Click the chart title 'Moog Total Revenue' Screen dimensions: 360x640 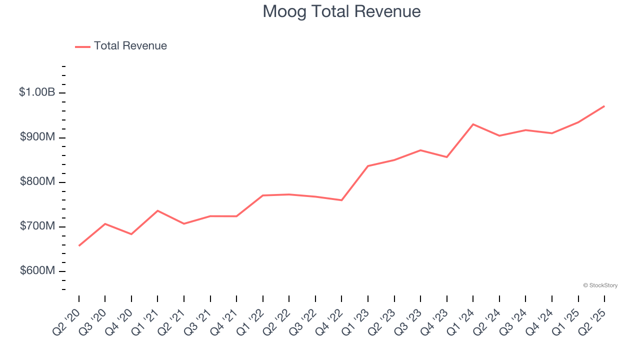point(341,11)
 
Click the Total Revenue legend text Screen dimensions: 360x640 point(130,46)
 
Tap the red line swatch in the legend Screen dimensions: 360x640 point(82,46)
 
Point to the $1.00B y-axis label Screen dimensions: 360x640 point(37,92)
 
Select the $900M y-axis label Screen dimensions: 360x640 point(37,137)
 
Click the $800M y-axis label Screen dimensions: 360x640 point(37,181)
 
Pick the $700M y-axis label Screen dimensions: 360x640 point(37,226)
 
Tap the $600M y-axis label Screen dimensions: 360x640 point(37,271)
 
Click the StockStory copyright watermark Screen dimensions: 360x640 point(600,285)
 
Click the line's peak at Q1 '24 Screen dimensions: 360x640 point(473,124)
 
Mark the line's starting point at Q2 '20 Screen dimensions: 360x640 point(79,245)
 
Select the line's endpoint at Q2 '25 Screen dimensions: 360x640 point(604,106)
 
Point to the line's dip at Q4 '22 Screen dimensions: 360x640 point(341,200)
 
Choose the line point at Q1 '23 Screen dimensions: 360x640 point(368,166)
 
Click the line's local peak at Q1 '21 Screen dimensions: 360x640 point(157,210)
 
